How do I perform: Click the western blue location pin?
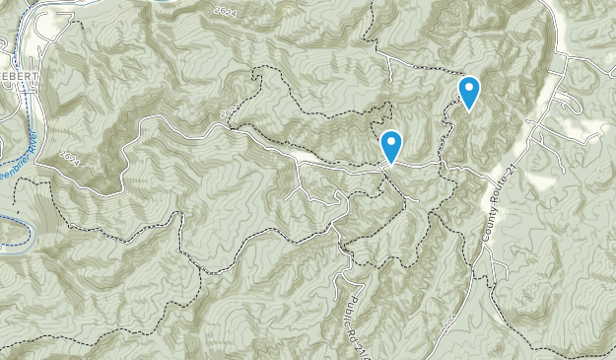click(x=391, y=146)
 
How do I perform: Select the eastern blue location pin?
click(x=470, y=92)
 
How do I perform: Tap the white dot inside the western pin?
click(x=391, y=142)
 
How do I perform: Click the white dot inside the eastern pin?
click(x=470, y=88)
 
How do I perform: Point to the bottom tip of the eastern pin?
click(x=470, y=109)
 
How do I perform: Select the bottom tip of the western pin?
click(x=391, y=164)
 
